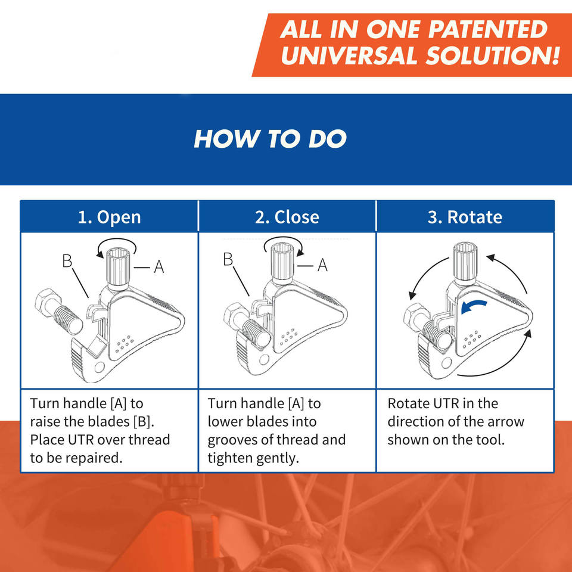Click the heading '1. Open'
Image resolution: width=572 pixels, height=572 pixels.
tap(109, 217)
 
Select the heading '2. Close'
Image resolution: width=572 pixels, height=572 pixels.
tap(287, 217)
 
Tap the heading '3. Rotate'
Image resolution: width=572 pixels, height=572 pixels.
tap(465, 217)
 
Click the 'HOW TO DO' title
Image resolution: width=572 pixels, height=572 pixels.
tap(270, 139)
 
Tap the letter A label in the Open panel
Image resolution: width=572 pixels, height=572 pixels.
tap(158, 268)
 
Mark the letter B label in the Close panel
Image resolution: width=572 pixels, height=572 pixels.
tap(228, 259)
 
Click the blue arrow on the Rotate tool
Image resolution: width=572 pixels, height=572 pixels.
tap(474, 306)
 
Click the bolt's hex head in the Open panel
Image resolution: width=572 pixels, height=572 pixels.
tap(47, 303)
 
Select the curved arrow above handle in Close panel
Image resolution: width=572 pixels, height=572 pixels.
tap(283, 241)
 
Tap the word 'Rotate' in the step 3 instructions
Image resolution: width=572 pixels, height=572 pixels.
tap(408, 403)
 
